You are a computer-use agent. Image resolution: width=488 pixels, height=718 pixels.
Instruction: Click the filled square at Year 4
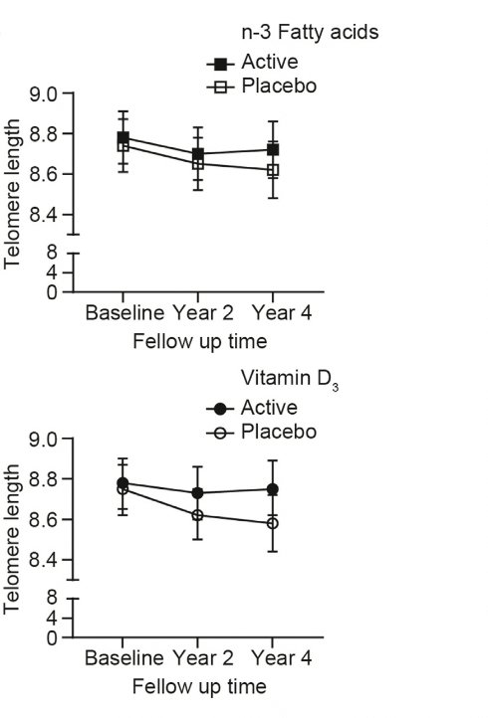[273, 149]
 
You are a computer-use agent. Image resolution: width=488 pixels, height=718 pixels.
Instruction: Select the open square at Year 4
[273, 170]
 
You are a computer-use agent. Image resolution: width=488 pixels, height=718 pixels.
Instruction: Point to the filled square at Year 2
[198, 154]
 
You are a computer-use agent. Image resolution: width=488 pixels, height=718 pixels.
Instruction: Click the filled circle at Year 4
[273, 489]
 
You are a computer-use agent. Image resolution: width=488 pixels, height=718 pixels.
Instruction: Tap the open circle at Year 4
[273, 523]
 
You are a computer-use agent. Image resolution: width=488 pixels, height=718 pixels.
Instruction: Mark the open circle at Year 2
[198, 515]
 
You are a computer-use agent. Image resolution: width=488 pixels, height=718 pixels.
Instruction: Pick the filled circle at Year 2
[198, 492]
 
